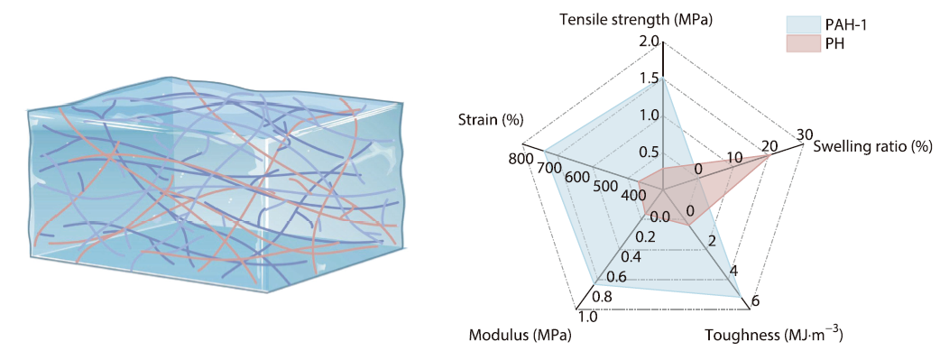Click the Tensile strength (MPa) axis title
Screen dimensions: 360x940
636,19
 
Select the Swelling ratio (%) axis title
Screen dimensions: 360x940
871,146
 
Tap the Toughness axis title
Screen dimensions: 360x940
773,337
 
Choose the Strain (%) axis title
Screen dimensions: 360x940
491,121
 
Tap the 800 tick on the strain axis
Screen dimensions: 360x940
521,160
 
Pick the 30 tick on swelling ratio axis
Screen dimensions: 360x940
805,135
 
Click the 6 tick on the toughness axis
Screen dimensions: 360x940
755,301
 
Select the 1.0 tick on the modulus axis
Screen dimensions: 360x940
587,317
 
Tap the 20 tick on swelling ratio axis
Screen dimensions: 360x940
769,147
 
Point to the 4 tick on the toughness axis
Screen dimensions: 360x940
733,272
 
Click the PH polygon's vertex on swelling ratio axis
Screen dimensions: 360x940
769,156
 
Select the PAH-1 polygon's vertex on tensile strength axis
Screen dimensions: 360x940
663,78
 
